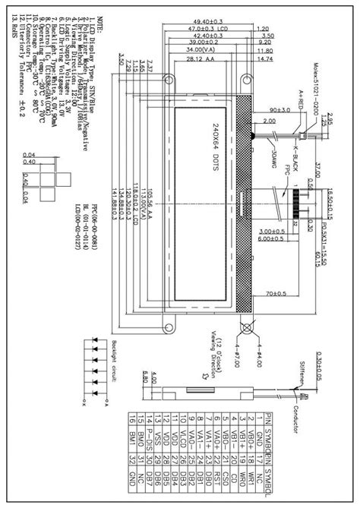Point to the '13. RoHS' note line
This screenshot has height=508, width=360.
pos(10,30)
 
